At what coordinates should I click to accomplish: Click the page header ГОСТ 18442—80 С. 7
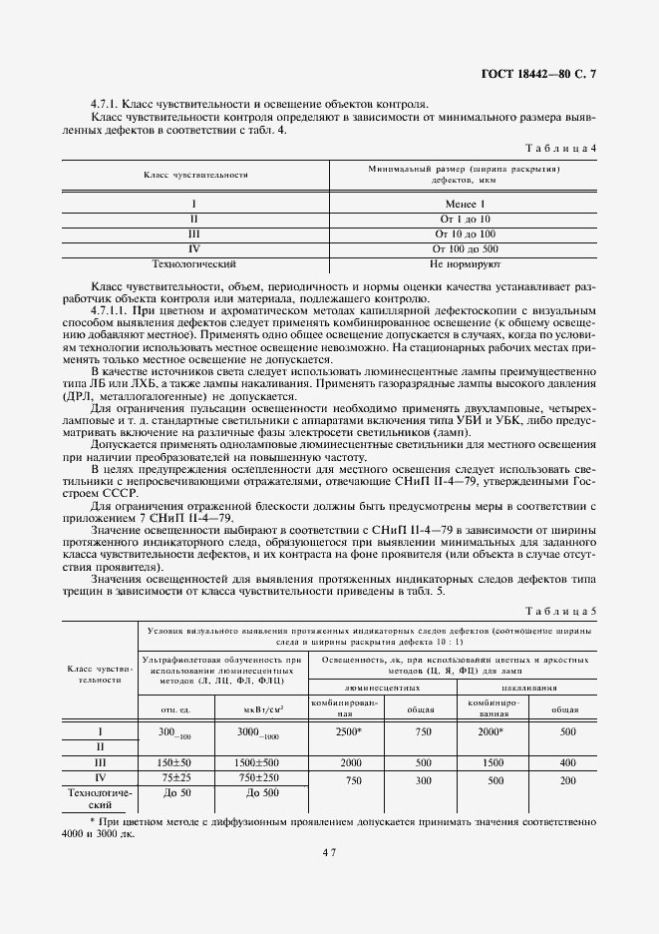coord(540,74)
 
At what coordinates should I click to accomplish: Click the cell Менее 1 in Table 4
coord(465,204)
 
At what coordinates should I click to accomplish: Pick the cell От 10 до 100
coord(465,233)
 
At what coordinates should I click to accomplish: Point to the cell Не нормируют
coord(465,264)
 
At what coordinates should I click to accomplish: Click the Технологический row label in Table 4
coord(192,264)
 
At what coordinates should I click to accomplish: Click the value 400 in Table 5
coord(568,761)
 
